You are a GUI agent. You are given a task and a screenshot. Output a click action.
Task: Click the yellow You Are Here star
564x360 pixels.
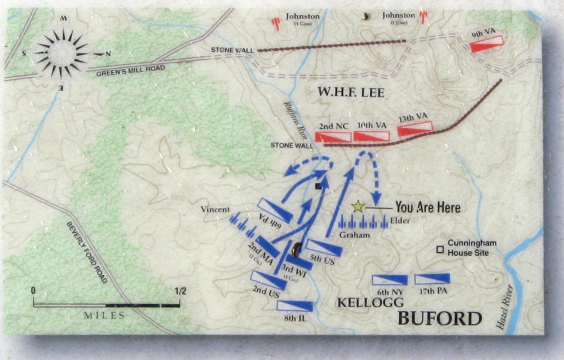358,207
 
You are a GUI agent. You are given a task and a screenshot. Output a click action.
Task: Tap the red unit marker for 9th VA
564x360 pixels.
486,43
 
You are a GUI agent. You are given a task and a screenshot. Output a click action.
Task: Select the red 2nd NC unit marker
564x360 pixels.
333,137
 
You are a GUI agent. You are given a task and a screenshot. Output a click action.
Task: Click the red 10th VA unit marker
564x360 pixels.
371,136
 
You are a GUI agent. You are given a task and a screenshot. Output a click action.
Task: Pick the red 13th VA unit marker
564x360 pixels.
415,129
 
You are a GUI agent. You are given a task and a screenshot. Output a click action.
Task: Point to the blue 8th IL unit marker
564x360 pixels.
294,306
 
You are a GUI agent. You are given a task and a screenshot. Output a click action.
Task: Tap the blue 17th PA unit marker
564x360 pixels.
432,279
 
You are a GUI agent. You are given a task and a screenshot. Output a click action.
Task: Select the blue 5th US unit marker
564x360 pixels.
324,248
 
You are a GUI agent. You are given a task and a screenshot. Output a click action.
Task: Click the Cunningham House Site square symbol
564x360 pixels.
440,248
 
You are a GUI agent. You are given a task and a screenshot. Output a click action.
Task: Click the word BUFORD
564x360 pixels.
439,319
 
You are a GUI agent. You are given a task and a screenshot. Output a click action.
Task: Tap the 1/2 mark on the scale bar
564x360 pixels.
180,292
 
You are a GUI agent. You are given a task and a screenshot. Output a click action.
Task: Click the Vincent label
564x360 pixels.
215,210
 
